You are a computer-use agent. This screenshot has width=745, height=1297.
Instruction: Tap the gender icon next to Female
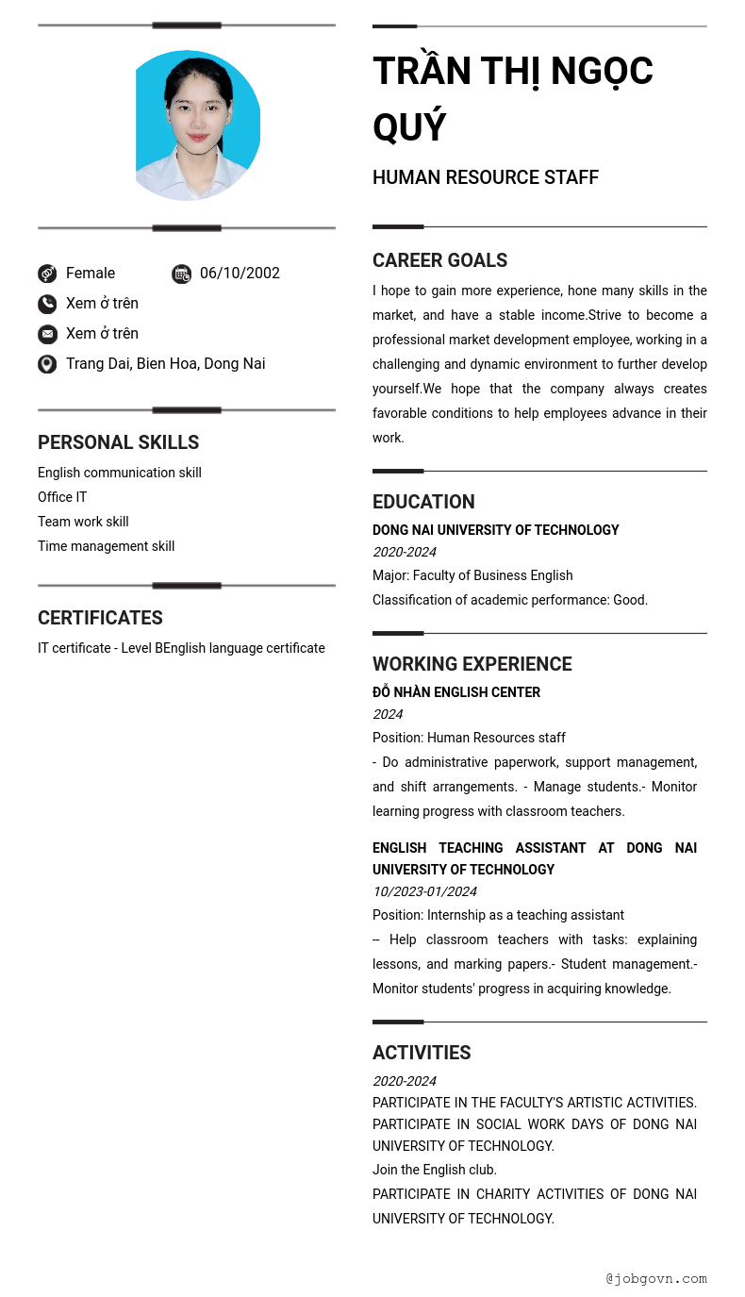[47, 274]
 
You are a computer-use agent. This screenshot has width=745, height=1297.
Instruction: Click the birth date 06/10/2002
[240, 274]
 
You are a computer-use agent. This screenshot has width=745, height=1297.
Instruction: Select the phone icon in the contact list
[47, 304]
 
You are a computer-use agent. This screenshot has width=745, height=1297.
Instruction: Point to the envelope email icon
[47, 334]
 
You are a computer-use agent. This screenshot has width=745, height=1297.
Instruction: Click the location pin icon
[47, 364]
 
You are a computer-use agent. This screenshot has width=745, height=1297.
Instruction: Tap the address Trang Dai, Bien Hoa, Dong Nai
[165, 364]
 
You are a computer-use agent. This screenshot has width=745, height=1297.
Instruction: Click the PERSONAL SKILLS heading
[118, 442]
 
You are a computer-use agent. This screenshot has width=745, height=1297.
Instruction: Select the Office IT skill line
[62, 497]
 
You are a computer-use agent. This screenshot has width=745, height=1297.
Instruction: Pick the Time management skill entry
[106, 546]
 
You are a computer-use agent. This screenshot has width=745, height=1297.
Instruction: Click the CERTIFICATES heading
[100, 618]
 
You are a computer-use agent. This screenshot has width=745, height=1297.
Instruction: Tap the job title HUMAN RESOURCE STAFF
[485, 177]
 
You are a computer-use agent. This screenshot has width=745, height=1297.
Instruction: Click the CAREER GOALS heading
[439, 260]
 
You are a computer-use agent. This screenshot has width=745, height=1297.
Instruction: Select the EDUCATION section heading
[423, 502]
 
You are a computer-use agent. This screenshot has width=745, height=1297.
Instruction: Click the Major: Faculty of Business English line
[472, 575]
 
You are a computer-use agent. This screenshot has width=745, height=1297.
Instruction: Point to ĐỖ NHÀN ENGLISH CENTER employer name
[455, 692]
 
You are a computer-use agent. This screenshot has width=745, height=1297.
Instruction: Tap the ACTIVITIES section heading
[421, 1053]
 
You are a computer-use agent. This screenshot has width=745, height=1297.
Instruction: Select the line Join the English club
[434, 1170]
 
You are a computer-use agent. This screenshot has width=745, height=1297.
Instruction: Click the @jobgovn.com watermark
[655, 1279]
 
